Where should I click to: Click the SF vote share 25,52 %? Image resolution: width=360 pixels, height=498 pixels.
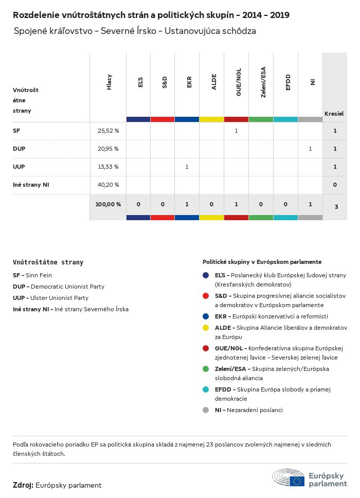108,131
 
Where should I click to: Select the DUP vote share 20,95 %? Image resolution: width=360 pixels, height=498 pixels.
108,149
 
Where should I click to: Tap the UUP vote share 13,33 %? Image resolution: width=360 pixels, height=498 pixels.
108,167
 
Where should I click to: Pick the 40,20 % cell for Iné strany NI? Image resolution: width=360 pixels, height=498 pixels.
108,185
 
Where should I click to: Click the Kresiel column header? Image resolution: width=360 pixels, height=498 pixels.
334,113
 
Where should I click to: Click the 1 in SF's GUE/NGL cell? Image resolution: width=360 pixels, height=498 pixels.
236,131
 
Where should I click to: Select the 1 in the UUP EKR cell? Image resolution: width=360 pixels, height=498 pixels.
187,167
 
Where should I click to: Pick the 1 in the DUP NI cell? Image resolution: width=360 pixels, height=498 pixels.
310,149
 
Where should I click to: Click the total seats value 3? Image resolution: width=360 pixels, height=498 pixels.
336,207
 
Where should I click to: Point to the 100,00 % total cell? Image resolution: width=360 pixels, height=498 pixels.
108,204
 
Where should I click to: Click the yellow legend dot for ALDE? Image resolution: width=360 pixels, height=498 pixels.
206,328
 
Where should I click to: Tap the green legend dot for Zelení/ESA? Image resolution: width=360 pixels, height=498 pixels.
206,369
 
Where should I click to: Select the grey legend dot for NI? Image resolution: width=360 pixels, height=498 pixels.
206,410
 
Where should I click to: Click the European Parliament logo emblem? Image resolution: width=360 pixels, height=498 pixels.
289,477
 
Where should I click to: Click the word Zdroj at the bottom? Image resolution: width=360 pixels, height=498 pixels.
23,485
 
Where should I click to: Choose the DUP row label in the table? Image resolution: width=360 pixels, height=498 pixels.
20,149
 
